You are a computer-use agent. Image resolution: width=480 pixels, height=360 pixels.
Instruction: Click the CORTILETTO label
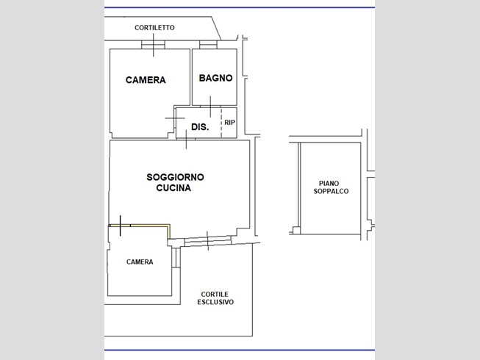tap(154, 27)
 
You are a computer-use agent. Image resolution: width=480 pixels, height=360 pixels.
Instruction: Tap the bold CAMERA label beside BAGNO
tap(146, 80)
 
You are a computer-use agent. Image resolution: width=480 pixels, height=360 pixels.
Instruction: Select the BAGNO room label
tap(215, 78)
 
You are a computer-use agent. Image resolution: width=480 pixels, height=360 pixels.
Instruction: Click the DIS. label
tap(200, 126)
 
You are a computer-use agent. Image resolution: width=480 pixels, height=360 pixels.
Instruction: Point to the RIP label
tap(229, 123)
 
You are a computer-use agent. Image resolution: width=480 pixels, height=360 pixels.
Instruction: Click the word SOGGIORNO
tap(175, 177)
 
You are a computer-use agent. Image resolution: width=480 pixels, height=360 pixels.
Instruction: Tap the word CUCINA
tap(173, 187)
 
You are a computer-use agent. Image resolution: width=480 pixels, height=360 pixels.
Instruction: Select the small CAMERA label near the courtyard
tap(140, 262)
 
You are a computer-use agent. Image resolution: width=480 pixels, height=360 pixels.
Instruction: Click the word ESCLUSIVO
tap(215, 302)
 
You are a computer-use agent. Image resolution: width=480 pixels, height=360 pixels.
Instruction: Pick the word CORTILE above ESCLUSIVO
tap(215, 294)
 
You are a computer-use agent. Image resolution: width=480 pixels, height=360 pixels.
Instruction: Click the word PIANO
tap(329, 184)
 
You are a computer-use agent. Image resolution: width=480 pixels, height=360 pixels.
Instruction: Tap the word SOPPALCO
tap(331, 191)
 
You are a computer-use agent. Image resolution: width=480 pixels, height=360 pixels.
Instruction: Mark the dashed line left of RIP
tap(221, 123)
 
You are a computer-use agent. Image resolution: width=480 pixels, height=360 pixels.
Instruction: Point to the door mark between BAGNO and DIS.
tap(210, 107)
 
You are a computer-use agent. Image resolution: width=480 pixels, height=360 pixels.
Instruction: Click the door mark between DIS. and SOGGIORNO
tap(186, 139)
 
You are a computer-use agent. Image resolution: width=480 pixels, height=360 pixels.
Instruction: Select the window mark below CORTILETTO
tap(153, 45)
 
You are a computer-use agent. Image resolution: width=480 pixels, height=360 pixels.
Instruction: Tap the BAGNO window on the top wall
tap(208, 45)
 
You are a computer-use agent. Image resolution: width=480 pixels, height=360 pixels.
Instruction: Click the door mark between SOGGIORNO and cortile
tap(208, 241)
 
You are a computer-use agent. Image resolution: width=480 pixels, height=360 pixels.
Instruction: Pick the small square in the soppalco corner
tap(296, 230)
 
